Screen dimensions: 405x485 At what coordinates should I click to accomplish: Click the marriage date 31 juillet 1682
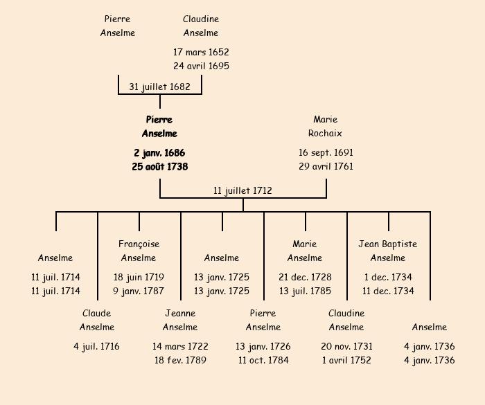tap(159, 87)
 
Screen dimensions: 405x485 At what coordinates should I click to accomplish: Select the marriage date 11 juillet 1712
tap(242, 190)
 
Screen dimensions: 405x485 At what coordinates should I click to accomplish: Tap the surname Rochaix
tap(326, 133)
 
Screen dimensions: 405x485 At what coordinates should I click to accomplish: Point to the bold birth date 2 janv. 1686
tap(159, 152)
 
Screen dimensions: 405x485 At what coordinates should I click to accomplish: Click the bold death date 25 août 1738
tap(159, 166)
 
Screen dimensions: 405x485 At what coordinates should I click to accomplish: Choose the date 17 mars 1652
tap(201, 52)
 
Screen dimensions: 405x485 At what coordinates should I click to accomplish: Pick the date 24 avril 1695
tap(201, 66)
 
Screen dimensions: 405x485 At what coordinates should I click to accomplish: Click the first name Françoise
tap(139, 244)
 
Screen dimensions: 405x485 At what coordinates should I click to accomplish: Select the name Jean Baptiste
tap(388, 244)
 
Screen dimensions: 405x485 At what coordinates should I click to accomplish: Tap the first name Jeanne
tap(180, 313)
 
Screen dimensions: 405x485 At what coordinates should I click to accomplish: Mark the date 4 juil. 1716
tap(96, 346)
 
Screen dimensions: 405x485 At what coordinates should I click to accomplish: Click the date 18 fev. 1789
tap(180, 360)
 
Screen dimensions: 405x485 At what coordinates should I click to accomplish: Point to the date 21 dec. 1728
tap(305, 277)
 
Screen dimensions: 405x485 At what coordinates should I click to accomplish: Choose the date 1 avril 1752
tap(346, 360)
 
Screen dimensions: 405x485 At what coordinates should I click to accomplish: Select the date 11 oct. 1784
tap(263, 360)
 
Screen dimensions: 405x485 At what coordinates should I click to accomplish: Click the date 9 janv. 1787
tap(139, 291)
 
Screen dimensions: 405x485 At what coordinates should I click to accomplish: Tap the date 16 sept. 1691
tap(326, 152)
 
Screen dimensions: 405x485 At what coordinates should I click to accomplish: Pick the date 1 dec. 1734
tap(388, 277)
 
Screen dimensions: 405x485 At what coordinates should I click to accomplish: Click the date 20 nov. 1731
tap(346, 346)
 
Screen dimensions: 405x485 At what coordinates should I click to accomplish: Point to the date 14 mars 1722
tap(180, 346)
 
